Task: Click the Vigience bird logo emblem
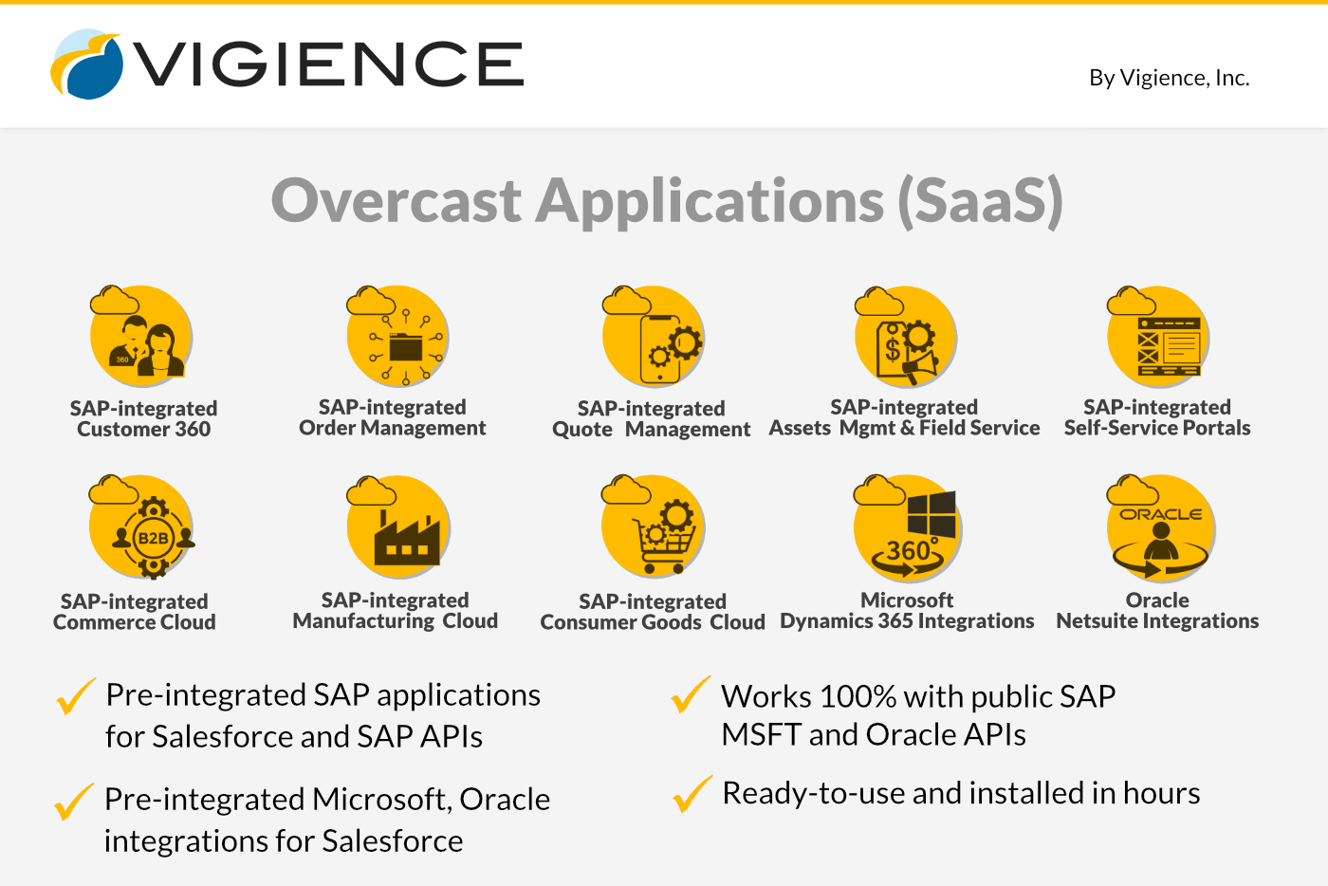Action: (86, 65)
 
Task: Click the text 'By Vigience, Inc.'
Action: (1169, 78)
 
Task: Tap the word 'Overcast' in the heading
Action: (397, 201)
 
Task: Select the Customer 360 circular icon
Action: (141, 335)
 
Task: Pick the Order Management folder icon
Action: (406, 347)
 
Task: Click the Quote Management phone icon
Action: (659, 350)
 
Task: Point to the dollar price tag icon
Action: (893, 349)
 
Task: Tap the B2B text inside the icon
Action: (153, 538)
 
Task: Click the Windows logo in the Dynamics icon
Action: (931, 514)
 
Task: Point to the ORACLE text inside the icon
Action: (1160, 514)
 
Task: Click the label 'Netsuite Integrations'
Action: (1157, 621)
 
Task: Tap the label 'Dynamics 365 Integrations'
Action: (907, 621)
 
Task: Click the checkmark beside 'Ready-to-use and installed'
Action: (692, 793)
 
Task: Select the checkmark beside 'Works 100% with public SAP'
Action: (691, 693)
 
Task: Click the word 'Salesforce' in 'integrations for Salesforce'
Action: (392, 840)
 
